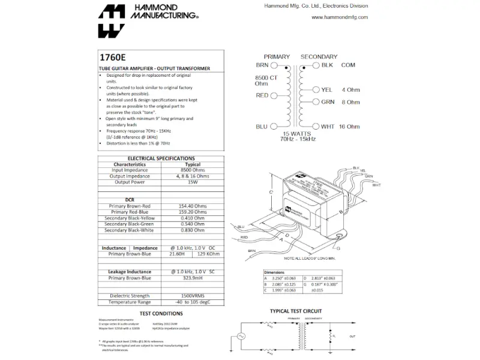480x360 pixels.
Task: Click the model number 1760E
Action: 113,59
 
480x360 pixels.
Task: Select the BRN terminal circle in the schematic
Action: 274,65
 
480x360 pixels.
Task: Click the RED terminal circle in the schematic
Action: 274,95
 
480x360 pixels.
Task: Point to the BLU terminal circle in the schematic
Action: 274,127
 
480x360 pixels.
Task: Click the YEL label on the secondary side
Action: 326,90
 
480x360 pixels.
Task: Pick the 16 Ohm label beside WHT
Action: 349,127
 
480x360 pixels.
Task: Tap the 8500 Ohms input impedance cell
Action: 193,170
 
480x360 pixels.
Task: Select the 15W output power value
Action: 193,182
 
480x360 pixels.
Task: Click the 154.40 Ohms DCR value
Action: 193,206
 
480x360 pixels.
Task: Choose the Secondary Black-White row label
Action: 130,230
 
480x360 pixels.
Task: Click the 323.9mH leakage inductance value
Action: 193,278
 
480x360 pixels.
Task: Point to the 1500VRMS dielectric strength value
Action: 193,296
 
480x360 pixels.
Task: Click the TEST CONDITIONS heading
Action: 161,313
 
